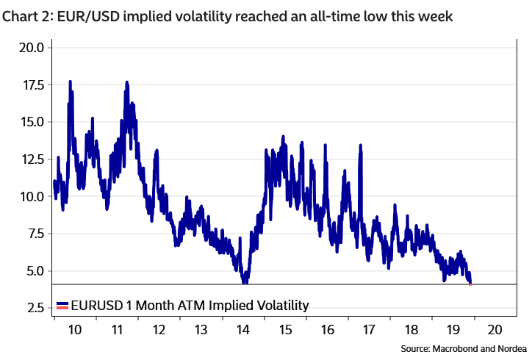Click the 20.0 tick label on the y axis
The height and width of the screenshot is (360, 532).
(x=30, y=48)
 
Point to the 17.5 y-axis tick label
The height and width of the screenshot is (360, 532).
(x=30, y=85)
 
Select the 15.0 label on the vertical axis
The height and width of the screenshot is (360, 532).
(x=30, y=122)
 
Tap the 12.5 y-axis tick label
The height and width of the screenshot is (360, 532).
(x=30, y=159)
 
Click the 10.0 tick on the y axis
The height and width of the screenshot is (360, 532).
(x=30, y=196)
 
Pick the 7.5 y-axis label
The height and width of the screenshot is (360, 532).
(x=33, y=234)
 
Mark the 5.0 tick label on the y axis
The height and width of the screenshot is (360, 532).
(x=33, y=271)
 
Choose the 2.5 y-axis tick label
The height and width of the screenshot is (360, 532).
(x=33, y=308)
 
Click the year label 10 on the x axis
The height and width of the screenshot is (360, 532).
(x=75, y=330)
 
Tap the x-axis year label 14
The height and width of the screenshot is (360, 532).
(x=242, y=330)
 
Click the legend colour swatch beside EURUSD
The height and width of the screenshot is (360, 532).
(x=62, y=305)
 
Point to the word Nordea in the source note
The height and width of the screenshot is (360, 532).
(x=511, y=348)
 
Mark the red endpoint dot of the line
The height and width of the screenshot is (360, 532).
(x=470, y=284)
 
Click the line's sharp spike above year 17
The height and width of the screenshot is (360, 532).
(x=361, y=146)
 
